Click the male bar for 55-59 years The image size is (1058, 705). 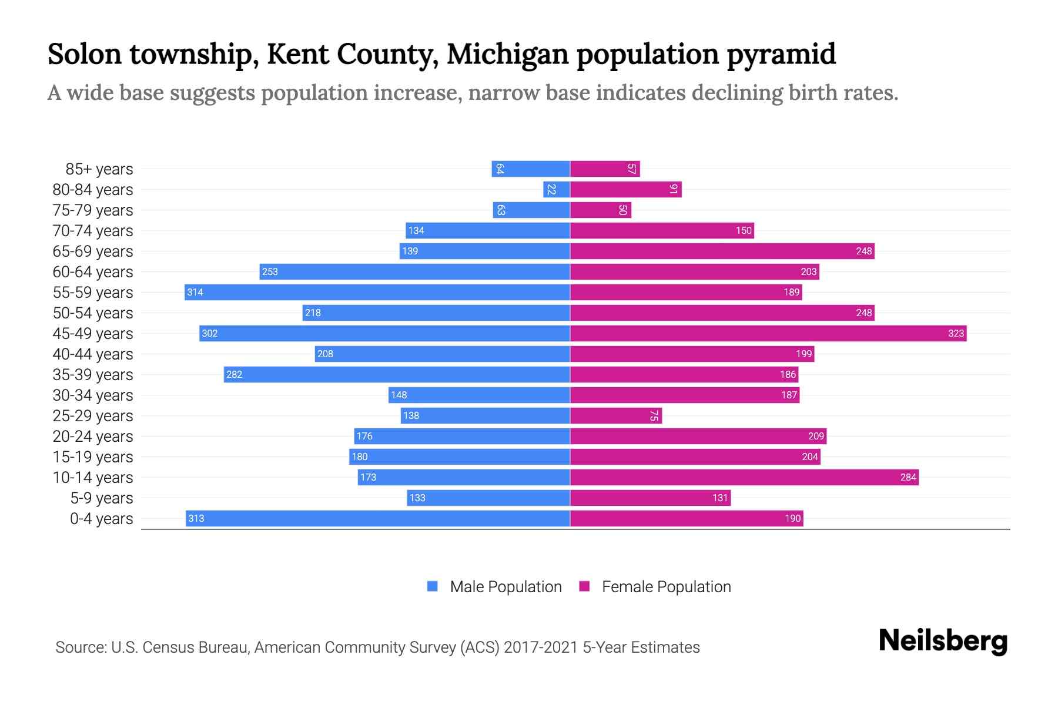point(377,292)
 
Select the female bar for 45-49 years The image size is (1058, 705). point(768,333)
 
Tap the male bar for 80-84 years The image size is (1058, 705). point(557,189)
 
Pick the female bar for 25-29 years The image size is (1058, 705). point(615,415)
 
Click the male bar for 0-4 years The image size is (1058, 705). point(377,518)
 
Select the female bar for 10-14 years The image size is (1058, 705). point(744,477)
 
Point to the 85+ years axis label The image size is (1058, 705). point(99,169)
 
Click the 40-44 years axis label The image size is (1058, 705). point(93,354)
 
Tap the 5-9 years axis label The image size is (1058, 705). point(101,498)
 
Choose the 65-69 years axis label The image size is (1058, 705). point(93,251)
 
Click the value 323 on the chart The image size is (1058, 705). point(956,333)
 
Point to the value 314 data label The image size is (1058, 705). point(195,292)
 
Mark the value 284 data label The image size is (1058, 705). point(908,477)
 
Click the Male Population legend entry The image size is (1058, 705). point(505,586)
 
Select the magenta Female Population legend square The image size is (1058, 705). point(584,586)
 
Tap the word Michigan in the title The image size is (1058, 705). point(508,54)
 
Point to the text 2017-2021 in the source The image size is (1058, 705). point(541,647)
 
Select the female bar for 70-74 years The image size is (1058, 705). point(662,230)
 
